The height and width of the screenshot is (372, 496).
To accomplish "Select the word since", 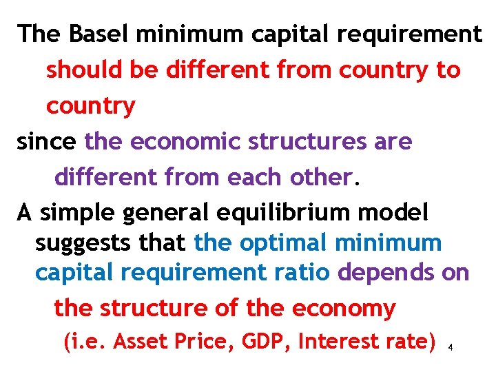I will click(45, 142).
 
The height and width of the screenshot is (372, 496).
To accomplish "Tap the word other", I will click(321, 178).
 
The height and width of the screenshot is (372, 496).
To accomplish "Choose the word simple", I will click(77, 214).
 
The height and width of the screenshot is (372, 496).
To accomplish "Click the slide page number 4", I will click(450, 348).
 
